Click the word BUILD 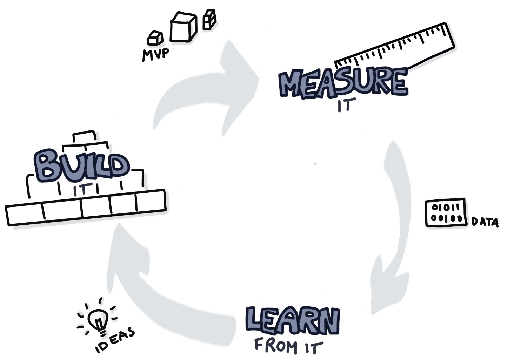(81, 165)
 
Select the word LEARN (292, 321)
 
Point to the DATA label (485, 222)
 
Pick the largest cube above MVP (182, 27)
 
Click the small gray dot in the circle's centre (315, 164)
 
